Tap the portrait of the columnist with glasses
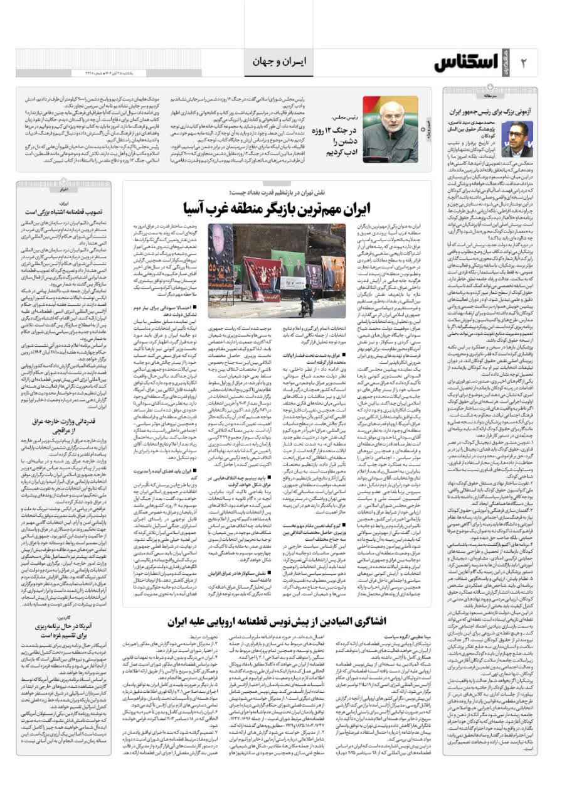(517, 139)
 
